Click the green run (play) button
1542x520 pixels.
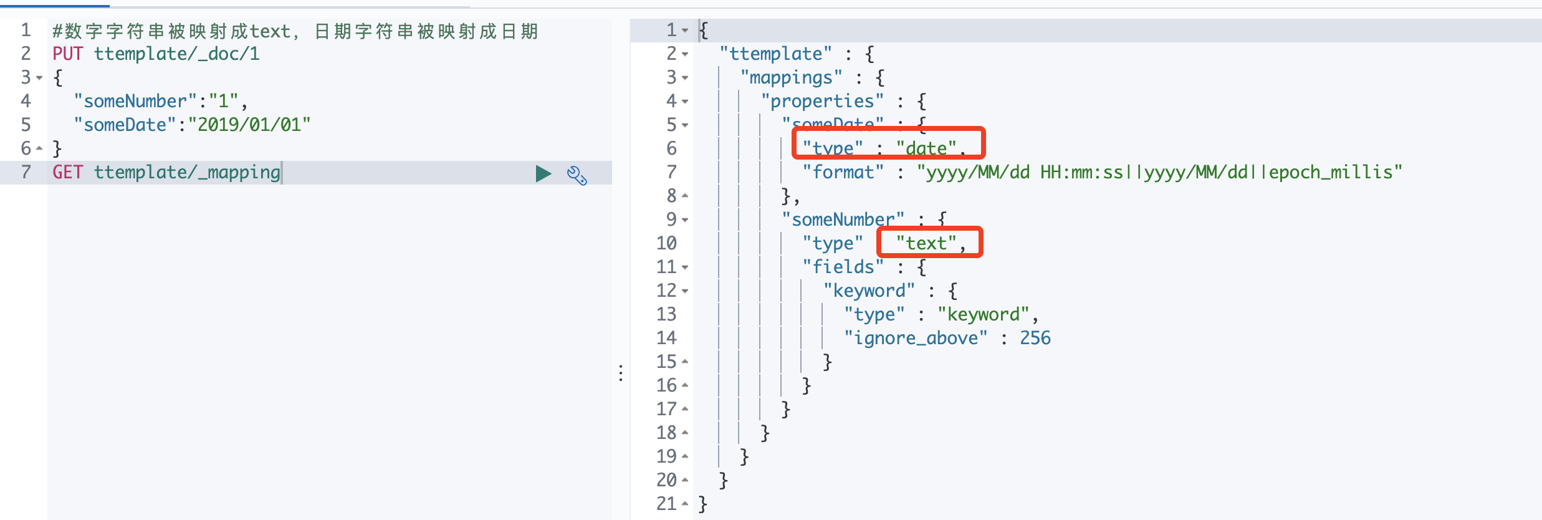click(x=543, y=173)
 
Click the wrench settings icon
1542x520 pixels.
click(x=577, y=175)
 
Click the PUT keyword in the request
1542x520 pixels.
click(x=67, y=54)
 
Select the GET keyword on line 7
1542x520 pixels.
click(x=67, y=173)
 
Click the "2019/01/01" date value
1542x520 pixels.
click(x=249, y=125)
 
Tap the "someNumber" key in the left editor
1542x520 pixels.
click(x=135, y=102)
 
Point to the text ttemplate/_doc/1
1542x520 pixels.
click(x=176, y=54)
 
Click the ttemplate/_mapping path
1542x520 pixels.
click(x=187, y=173)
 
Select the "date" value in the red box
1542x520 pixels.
click(x=926, y=148)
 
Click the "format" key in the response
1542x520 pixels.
click(x=843, y=173)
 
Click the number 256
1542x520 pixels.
click(x=1035, y=339)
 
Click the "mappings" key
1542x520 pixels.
click(x=791, y=78)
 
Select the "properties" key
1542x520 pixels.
click(x=822, y=102)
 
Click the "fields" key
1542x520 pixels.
click(x=843, y=267)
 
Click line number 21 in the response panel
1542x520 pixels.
click(x=666, y=504)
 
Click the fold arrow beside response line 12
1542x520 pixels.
click(x=685, y=291)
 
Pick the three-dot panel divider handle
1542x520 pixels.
click(x=621, y=373)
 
